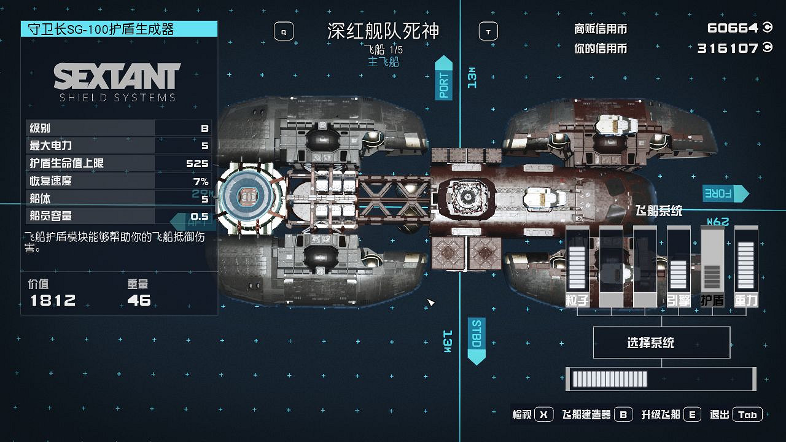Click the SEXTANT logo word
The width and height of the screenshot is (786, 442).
(117, 76)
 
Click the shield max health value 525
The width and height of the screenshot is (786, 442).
(197, 163)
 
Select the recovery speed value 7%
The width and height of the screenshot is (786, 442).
(201, 181)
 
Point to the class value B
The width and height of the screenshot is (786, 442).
(204, 128)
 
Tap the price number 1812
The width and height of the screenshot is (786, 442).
(53, 300)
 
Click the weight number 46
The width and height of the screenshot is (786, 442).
(139, 300)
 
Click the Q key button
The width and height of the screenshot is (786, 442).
(284, 31)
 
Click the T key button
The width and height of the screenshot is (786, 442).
(488, 31)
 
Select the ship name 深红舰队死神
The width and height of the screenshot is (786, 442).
(384, 31)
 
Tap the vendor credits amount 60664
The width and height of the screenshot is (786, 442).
(733, 28)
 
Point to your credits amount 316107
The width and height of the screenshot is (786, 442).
(728, 48)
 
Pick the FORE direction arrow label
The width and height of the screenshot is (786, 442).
(725, 193)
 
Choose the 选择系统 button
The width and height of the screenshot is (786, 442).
(661, 343)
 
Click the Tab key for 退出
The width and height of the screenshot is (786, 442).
(747, 414)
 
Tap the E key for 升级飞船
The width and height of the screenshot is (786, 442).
(692, 414)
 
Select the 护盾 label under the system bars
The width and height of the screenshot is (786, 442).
(712, 300)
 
